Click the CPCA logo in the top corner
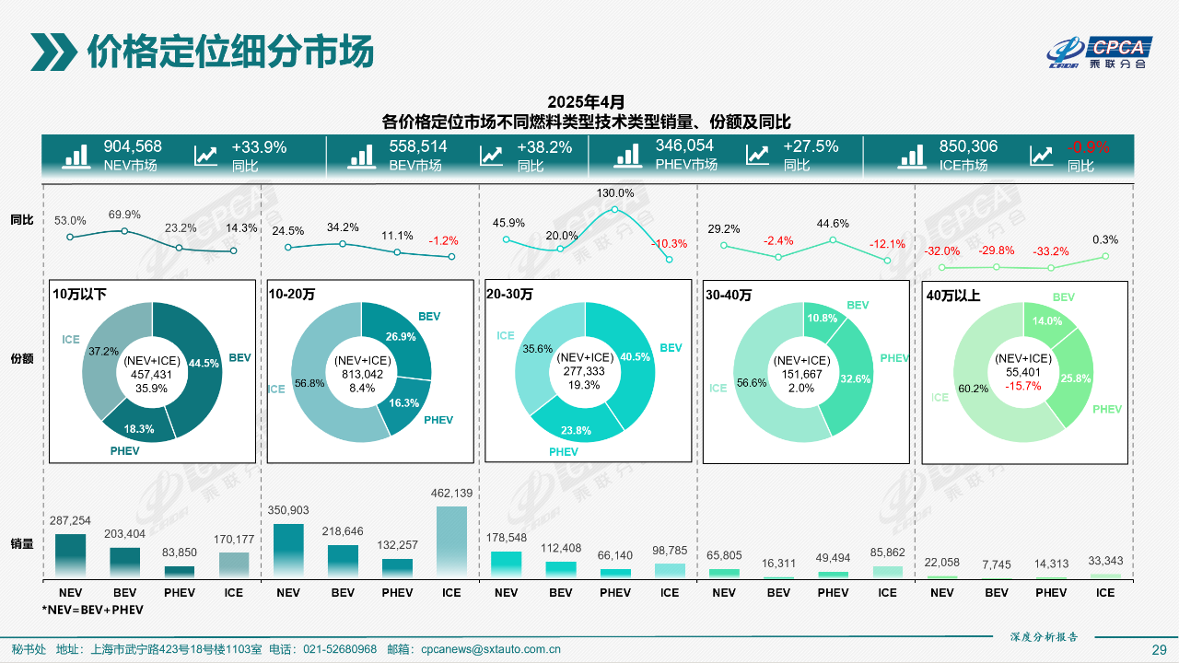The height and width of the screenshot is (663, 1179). (x=1100, y=52)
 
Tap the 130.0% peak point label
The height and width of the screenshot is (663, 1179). (x=615, y=193)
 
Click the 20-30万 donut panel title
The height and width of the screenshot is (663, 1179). (x=509, y=294)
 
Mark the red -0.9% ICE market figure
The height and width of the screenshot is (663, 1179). (x=1088, y=147)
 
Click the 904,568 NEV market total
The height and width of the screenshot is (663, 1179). (x=133, y=146)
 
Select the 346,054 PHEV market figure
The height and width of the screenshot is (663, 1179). (x=684, y=145)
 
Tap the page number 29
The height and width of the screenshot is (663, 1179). (x=1159, y=649)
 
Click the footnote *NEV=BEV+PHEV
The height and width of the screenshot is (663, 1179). (x=92, y=610)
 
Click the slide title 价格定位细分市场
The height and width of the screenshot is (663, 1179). (x=230, y=52)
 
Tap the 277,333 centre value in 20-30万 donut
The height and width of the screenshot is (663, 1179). (x=587, y=371)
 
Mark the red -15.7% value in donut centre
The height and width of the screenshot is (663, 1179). (x=1022, y=385)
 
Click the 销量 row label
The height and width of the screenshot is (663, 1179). (x=22, y=543)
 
